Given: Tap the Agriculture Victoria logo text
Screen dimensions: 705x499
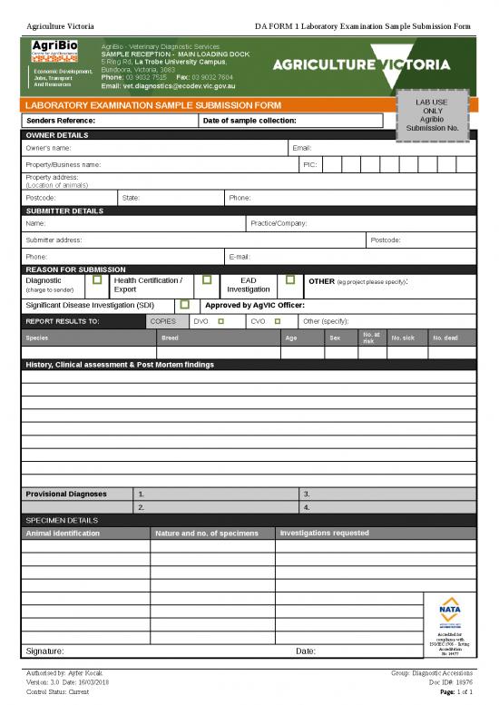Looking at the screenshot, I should point(361,65).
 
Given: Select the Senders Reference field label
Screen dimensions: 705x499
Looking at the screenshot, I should point(61,121).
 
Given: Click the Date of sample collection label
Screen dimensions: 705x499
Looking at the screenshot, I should point(249,121).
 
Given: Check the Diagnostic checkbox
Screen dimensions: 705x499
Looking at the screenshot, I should point(97,282).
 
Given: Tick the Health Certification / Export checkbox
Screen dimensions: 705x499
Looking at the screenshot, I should point(207,280).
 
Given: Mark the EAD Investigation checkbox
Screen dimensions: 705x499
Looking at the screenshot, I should point(289,280).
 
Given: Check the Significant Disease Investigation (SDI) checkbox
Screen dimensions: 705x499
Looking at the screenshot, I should point(184,306).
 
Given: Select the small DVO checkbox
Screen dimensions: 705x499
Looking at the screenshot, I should point(220,321).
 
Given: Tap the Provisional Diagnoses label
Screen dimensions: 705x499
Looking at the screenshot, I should point(66,494).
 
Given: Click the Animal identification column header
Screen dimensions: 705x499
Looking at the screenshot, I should point(63,534).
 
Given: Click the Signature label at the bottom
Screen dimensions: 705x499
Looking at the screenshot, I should point(44,651).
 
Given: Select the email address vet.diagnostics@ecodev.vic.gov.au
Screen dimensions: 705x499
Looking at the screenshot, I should point(168,86).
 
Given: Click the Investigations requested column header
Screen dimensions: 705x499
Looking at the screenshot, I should point(325,533).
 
